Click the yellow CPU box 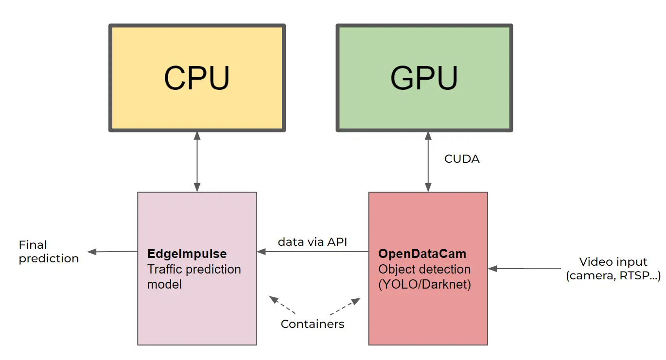197,78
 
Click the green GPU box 424,78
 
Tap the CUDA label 462,159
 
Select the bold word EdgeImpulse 187,254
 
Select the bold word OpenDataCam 422,254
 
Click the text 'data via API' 312,241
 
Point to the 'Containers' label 312,324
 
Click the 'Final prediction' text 48,252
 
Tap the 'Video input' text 613,262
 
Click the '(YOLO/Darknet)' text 424,284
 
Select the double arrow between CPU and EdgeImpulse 197,162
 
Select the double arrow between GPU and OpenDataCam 428,162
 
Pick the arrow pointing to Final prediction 112,252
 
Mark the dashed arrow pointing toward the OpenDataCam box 345,306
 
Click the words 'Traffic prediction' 193,269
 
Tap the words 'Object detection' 424,269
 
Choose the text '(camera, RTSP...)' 613,276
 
